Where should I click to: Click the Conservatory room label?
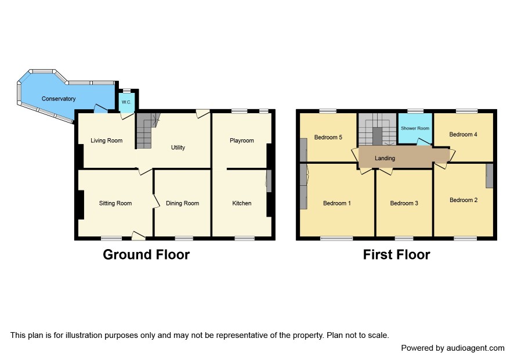click(59, 99)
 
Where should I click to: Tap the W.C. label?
click(126, 102)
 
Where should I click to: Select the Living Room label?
click(107, 141)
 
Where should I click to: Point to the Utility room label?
click(178, 147)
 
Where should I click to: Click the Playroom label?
click(242, 141)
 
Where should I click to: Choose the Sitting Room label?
click(115, 203)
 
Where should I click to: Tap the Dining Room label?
click(183, 203)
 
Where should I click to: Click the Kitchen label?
click(242, 203)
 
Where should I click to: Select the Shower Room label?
click(415, 128)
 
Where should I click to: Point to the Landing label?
click(385, 158)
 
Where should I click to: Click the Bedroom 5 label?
click(328, 137)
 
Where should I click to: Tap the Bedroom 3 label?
click(404, 203)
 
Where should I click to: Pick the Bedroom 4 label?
click(463, 134)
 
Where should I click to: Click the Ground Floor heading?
click(146, 255)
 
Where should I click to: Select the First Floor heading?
click(397, 255)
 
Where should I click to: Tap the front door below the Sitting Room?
click(139, 236)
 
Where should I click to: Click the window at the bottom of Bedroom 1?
click(336, 238)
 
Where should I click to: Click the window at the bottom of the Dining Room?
click(184, 238)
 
